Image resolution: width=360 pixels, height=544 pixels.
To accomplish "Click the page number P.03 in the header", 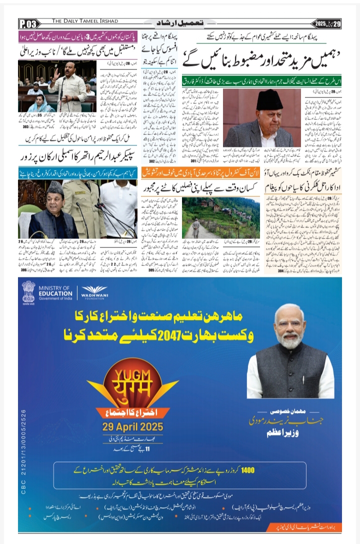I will click(28, 23).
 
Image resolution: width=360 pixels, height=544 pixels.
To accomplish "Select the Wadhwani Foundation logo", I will click(94, 291).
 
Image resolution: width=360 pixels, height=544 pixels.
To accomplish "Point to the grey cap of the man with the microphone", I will click(53, 188).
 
